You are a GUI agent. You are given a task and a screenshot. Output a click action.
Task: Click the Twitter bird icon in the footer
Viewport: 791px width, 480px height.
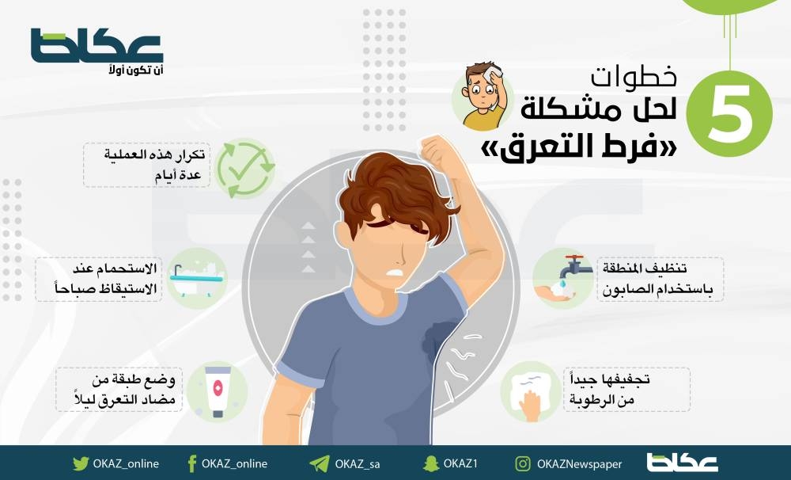(x=81, y=463)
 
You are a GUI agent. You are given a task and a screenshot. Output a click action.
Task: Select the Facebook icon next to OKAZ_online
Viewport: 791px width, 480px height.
(x=192, y=463)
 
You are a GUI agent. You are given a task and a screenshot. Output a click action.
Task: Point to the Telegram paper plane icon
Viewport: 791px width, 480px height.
(x=320, y=463)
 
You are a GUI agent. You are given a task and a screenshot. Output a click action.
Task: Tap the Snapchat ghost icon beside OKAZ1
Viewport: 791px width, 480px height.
(x=431, y=463)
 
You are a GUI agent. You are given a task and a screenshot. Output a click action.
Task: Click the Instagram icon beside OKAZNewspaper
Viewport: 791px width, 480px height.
(x=523, y=463)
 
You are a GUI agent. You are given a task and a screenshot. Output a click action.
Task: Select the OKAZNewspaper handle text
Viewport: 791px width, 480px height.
(x=580, y=464)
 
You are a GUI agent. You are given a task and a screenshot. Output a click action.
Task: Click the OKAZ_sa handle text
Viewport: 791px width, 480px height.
(x=358, y=464)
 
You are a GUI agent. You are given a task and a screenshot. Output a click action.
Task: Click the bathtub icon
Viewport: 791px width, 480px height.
(x=196, y=278)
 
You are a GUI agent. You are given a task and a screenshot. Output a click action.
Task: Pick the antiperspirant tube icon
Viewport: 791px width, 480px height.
(x=218, y=391)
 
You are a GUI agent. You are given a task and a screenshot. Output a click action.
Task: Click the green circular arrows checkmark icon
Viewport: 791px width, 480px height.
(x=244, y=169)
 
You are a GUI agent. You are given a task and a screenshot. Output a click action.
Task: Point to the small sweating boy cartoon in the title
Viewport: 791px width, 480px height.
(x=483, y=96)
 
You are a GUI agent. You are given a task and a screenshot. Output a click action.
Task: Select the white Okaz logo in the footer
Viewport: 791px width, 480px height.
(x=682, y=463)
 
